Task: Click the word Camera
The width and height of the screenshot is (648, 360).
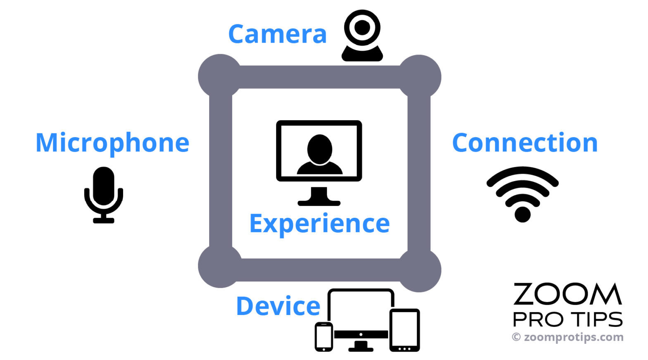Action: click(x=277, y=34)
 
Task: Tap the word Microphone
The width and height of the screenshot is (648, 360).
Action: click(x=112, y=143)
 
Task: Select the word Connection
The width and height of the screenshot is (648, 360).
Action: click(x=525, y=142)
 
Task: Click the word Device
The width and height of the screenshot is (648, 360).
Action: click(x=278, y=306)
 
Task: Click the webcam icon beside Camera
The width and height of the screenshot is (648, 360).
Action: click(x=362, y=35)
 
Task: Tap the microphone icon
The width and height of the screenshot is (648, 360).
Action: click(x=104, y=195)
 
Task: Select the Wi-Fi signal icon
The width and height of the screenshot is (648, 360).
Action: click(x=522, y=194)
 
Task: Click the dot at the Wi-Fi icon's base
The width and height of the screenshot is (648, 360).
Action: click(x=522, y=215)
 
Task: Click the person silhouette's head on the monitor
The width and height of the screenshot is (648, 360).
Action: click(x=320, y=149)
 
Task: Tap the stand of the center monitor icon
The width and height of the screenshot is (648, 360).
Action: click(x=319, y=196)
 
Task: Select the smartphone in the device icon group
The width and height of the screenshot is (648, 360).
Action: click(x=324, y=337)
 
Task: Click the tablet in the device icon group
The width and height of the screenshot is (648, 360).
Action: click(x=405, y=330)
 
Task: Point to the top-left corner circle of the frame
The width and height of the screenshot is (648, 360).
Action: click(x=220, y=76)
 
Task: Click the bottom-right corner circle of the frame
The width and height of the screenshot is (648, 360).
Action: click(x=419, y=270)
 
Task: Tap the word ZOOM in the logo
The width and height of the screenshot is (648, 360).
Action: click(x=567, y=294)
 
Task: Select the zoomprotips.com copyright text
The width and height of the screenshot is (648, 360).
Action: click(x=567, y=337)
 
